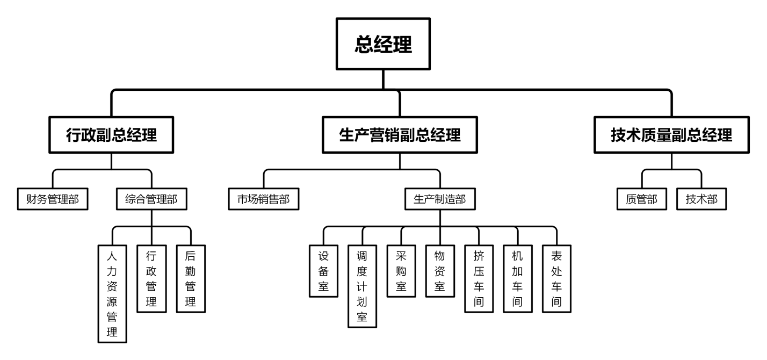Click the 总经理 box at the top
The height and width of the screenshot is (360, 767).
click(x=383, y=45)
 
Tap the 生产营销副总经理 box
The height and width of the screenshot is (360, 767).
click(x=400, y=135)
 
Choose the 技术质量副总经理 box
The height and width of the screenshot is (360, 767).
click(x=671, y=135)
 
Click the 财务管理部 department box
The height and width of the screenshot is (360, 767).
click(x=52, y=199)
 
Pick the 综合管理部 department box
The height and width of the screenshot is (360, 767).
click(x=151, y=199)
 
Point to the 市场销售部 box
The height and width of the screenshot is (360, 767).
click(x=263, y=199)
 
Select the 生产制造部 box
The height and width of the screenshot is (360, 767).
click(x=440, y=199)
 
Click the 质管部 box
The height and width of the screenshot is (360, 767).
click(x=642, y=199)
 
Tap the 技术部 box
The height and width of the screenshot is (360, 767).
click(x=701, y=199)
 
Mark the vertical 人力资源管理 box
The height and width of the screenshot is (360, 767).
click(x=112, y=293)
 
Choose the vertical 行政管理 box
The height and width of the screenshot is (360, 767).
click(x=151, y=278)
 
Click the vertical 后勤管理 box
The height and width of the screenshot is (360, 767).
click(x=191, y=278)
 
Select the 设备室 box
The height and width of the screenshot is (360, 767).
click(x=323, y=271)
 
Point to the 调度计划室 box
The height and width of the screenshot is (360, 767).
click(x=362, y=286)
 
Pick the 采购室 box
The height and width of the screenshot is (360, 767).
click(x=401, y=271)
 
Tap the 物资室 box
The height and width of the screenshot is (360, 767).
click(x=440, y=271)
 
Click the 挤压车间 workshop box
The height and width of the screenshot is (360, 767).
click(x=479, y=278)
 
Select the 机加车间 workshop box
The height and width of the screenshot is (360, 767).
click(x=517, y=278)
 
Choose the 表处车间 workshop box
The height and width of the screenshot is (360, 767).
click(x=556, y=278)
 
